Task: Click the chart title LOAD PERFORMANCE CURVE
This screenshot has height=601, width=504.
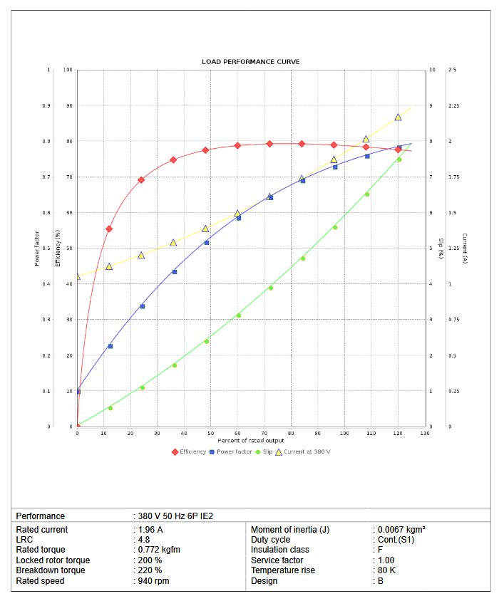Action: click(250, 62)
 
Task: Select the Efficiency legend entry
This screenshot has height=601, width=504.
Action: click(189, 451)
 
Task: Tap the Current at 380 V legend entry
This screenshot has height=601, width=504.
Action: click(303, 451)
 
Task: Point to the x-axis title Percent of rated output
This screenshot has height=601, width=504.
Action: click(250, 441)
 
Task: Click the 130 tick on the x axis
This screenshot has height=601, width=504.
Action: click(425, 434)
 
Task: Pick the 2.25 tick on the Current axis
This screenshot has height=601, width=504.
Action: click(453, 106)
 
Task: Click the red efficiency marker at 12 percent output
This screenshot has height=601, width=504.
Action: click(109, 229)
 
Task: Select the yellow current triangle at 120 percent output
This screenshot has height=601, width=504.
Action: click(398, 117)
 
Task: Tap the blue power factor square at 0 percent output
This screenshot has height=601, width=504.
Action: click(78, 392)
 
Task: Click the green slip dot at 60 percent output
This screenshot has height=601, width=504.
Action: click(239, 315)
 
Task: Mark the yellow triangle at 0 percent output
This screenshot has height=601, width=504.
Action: click(77, 276)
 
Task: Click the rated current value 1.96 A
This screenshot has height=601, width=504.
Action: click(150, 530)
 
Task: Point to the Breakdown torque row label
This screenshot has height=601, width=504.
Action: click(51, 570)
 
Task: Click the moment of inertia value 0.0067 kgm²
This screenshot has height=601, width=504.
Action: click(401, 530)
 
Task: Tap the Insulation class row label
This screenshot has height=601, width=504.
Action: click(280, 550)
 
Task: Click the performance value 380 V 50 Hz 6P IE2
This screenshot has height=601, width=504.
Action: click(175, 516)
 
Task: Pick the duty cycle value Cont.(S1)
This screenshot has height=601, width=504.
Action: click(395, 540)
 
